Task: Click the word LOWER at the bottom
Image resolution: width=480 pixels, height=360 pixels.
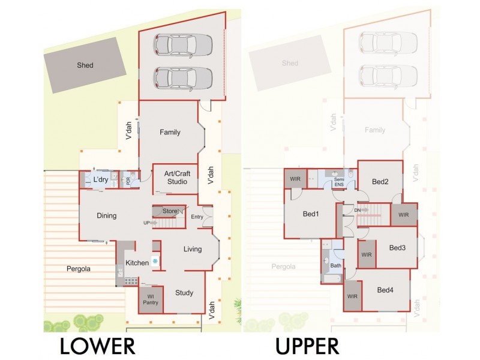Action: (x=97, y=346)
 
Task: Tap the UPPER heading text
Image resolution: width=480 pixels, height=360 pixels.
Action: (x=307, y=346)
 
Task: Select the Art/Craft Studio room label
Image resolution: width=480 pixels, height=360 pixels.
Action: (x=175, y=178)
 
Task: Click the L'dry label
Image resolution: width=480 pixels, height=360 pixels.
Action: (x=100, y=179)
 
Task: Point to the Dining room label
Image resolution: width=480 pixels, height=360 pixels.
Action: (x=106, y=216)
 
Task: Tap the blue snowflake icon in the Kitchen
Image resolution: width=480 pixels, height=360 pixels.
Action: (x=155, y=262)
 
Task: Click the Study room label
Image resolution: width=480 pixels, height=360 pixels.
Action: (x=184, y=293)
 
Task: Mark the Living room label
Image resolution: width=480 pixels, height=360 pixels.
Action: (x=193, y=249)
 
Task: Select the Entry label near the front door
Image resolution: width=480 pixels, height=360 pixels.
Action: (x=197, y=217)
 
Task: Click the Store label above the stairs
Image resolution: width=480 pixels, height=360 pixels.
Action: (x=170, y=211)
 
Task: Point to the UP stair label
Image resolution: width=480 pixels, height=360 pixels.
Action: (x=146, y=223)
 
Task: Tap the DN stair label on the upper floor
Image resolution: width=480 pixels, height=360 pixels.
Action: (x=358, y=210)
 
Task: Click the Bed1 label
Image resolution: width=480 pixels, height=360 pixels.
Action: (x=310, y=214)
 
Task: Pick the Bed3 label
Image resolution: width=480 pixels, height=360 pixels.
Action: (x=397, y=247)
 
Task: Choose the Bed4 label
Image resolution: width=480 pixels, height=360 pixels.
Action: (x=386, y=290)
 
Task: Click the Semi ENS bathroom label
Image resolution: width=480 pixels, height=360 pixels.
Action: (x=339, y=182)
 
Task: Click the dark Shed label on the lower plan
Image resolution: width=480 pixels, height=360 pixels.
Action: (x=85, y=65)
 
